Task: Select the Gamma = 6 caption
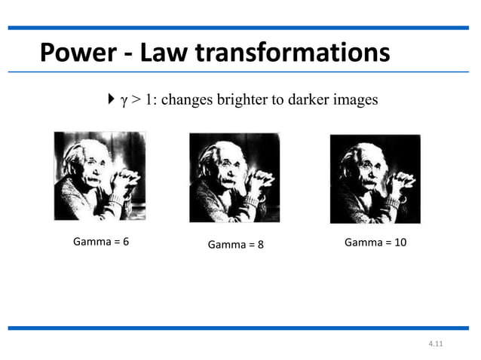click(101, 243)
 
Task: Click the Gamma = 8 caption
click(236, 245)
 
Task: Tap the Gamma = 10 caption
click(375, 243)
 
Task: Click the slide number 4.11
click(435, 343)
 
